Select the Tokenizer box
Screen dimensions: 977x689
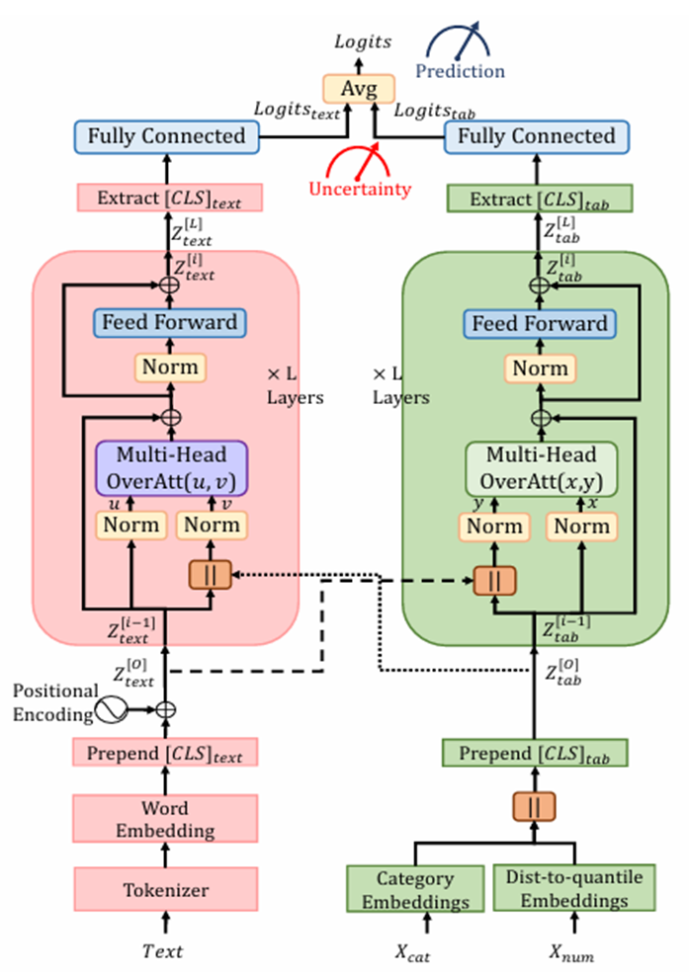click(165, 889)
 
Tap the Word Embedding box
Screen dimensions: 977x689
click(165, 819)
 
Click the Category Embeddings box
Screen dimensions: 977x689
click(415, 889)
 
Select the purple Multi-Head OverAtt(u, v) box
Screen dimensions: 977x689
click(170, 468)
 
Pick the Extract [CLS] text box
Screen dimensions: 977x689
click(167, 199)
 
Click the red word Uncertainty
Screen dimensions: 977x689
click(358, 189)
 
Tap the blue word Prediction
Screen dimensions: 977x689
click(460, 71)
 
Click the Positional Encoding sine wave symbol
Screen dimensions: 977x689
click(113, 709)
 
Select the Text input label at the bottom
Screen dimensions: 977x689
click(163, 951)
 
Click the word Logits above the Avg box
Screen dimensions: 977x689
click(362, 41)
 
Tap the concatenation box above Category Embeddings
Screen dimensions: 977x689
click(534, 806)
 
